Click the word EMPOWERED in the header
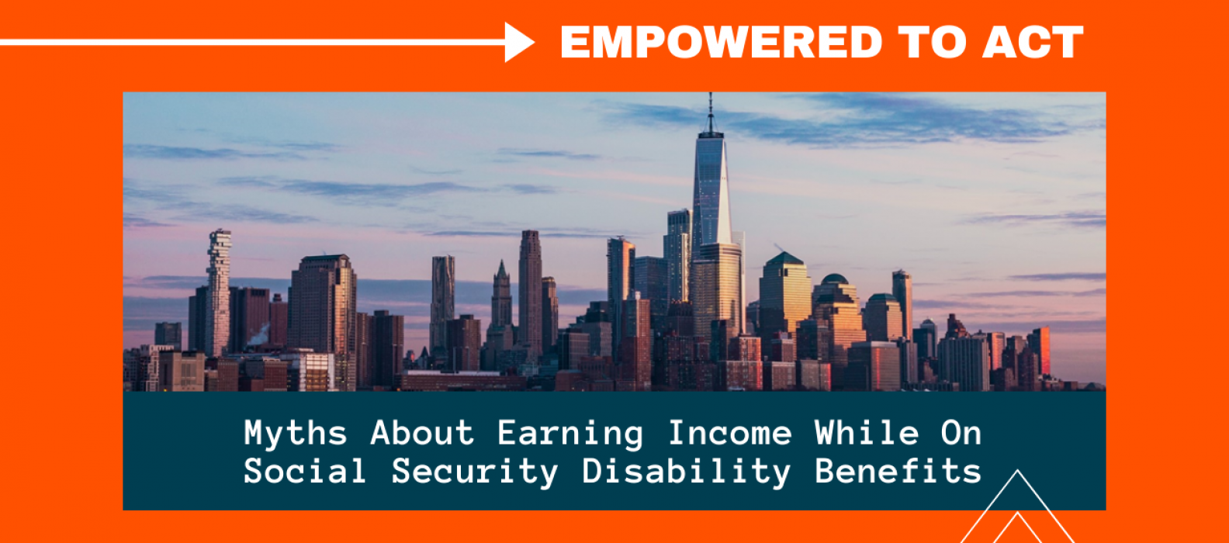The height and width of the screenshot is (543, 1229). click(x=721, y=42)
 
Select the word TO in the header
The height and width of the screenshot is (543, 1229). click(x=932, y=42)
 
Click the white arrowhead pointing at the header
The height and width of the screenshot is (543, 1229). click(x=519, y=42)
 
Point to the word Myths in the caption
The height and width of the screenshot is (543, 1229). click(x=296, y=434)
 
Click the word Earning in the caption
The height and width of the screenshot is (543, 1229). click(x=570, y=434)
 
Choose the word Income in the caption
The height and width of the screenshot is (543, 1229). click(x=730, y=434)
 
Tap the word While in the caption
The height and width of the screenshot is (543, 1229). click(x=867, y=434)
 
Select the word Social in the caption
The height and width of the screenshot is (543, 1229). click(x=304, y=471)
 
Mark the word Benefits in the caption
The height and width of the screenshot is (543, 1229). click(x=898, y=471)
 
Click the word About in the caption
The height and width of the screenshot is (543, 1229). click(x=422, y=434)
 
